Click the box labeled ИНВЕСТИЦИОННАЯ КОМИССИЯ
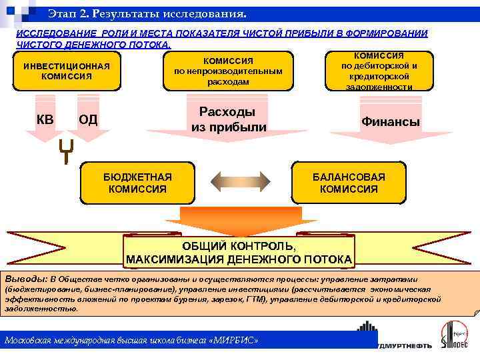pos(67,71)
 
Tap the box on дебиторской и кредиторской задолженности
pos(379,71)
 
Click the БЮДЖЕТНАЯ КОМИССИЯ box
pos(137,183)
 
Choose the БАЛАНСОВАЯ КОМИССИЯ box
pos(349,183)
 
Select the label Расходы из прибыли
pos(229,119)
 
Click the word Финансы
pos(390,122)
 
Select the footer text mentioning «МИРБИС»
pos(131,341)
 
